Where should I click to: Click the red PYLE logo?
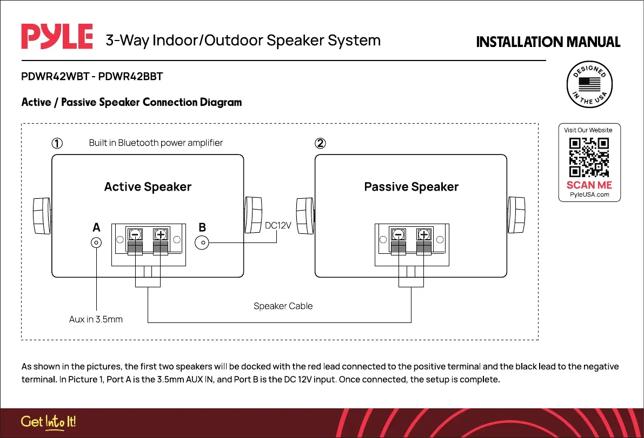click(x=57, y=37)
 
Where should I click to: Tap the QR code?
click(x=589, y=158)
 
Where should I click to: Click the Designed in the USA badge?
click(x=589, y=85)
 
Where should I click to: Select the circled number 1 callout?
click(x=57, y=144)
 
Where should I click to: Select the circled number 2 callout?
click(x=320, y=144)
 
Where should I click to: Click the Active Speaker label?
click(x=148, y=187)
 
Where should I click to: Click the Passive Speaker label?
click(x=411, y=187)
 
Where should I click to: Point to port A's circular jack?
click(x=96, y=243)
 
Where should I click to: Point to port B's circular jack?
click(x=202, y=242)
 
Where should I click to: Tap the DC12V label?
click(x=278, y=225)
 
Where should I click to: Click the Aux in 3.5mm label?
click(x=96, y=319)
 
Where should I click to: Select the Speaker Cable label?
click(x=283, y=306)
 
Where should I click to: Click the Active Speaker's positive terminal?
click(x=160, y=235)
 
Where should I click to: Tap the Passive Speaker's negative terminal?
click(x=399, y=235)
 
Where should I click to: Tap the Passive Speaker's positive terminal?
click(x=423, y=235)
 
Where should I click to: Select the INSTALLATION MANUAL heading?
click(x=548, y=42)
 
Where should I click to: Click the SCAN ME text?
click(x=589, y=185)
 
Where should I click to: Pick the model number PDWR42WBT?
click(x=52, y=77)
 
